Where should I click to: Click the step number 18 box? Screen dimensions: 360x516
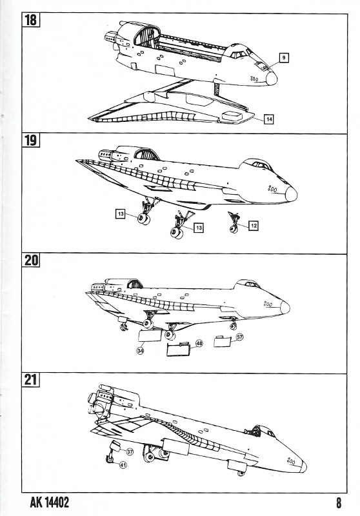pyautogui.click(x=30, y=20)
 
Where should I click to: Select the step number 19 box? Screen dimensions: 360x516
pyautogui.click(x=30, y=141)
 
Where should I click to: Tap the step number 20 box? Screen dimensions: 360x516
pyautogui.click(x=31, y=261)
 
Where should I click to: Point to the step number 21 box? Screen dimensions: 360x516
pyautogui.click(x=30, y=380)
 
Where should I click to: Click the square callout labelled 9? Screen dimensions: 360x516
pyautogui.click(x=284, y=58)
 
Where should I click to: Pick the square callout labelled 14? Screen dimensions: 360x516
pyautogui.click(x=269, y=119)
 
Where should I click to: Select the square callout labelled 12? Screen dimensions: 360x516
pyautogui.click(x=253, y=226)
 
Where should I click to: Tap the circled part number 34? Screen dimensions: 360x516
pyautogui.click(x=141, y=351)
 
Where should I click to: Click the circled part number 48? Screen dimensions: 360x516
pyautogui.click(x=199, y=343)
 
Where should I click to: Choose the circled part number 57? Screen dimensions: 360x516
pyautogui.click(x=239, y=337)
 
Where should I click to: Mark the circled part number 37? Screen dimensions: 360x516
pyautogui.click(x=130, y=451)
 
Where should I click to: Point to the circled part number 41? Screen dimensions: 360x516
pyautogui.click(x=123, y=465)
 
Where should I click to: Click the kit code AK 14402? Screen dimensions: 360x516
pyautogui.click(x=50, y=502)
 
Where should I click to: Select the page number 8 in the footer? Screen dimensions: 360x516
pyautogui.click(x=339, y=503)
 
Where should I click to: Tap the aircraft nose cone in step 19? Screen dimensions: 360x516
pyautogui.click(x=291, y=194)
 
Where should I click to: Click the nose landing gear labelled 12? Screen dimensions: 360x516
pyautogui.click(x=234, y=223)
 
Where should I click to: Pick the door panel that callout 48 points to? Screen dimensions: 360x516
pyautogui.click(x=179, y=349)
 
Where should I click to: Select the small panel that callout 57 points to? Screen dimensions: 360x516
pyautogui.click(x=223, y=341)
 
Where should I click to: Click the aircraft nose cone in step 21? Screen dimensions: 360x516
pyautogui.click(x=303, y=467)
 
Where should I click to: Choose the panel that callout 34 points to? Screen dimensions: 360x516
pyautogui.click(x=150, y=335)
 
